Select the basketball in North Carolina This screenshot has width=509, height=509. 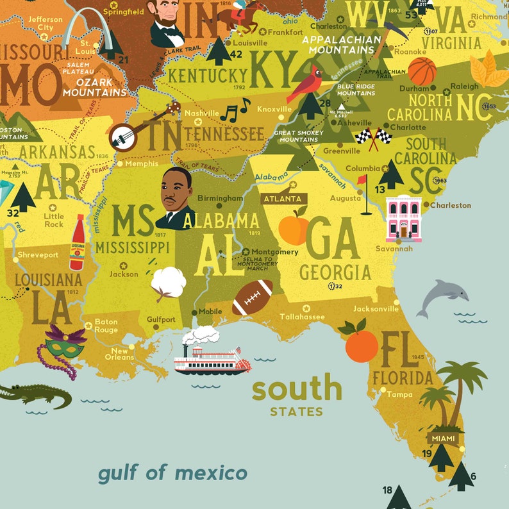click(x=421, y=71)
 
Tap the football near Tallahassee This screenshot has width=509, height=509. click(x=253, y=297)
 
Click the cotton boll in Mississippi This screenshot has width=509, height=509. click(x=169, y=282)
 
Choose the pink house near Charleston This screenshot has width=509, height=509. click(x=404, y=218)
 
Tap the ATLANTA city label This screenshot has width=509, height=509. click(x=283, y=199)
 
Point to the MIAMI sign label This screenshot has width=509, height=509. click(x=444, y=438)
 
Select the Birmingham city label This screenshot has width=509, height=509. click(x=220, y=198)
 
